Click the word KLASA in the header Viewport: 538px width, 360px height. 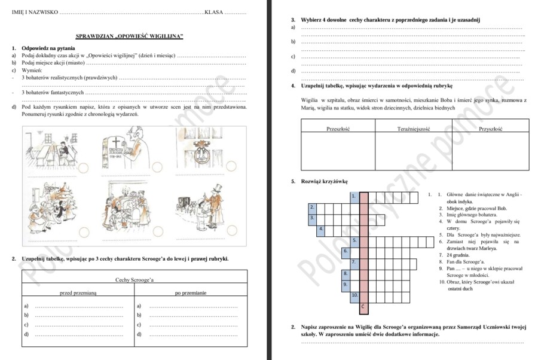(214, 12)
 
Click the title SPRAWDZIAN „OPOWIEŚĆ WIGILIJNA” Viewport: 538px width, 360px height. (130, 36)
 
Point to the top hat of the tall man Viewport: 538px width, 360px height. (216, 187)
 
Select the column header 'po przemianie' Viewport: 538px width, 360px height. (191, 293)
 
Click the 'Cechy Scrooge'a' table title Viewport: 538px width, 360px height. (134, 279)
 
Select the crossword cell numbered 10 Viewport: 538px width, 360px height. (354, 295)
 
